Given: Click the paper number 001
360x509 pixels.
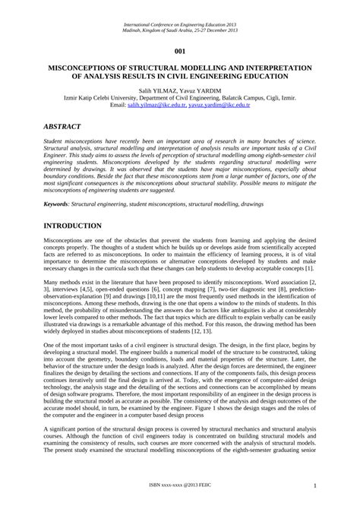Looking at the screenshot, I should [x=179, y=51].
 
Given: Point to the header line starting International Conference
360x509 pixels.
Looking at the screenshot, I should [x=180, y=24].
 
